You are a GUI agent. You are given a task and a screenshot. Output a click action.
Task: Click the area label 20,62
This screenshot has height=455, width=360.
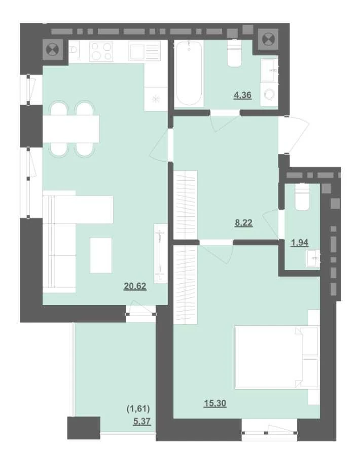pyautogui.click(x=135, y=286)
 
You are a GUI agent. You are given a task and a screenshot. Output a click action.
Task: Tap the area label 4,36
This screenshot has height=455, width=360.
pyautogui.click(x=243, y=95)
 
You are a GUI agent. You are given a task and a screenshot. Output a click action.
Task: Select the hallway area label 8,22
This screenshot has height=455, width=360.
pyautogui.click(x=243, y=223)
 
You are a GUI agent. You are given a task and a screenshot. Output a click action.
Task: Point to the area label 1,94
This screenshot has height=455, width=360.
pyautogui.click(x=300, y=242)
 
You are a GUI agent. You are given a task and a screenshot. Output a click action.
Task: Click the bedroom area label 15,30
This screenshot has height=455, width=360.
pyautogui.click(x=215, y=403)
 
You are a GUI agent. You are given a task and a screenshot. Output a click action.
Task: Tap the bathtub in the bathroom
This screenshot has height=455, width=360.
pyautogui.click(x=189, y=73)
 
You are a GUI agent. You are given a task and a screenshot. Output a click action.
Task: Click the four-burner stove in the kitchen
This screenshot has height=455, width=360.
pyautogui.click(x=101, y=51)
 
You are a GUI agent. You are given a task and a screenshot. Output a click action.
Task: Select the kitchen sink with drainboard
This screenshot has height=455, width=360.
pyautogui.click(x=145, y=51)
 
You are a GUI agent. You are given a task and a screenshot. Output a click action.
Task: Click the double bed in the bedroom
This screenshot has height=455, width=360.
pyautogui.click(x=276, y=357)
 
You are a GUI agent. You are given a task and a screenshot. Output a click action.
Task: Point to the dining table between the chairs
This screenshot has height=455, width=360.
pyautogui.click(x=71, y=129)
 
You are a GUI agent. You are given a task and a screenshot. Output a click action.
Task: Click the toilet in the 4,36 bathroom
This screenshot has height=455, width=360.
pyautogui.click(x=235, y=53)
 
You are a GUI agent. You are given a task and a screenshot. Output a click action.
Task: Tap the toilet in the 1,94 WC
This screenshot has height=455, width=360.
pyautogui.click(x=302, y=197)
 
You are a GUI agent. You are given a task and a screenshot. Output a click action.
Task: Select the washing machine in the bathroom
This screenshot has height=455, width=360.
pyautogui.click(x=269, y=94)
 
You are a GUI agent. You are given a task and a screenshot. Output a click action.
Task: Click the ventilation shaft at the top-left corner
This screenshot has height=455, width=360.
pyautogui.click(x=53, y=49)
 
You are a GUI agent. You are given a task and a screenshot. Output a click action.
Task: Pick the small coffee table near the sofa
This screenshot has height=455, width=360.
pyautogui.click(x=101, y=255)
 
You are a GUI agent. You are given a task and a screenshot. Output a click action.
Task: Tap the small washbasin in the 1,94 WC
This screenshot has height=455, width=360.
pyautogui.click(x=313, y=258)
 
